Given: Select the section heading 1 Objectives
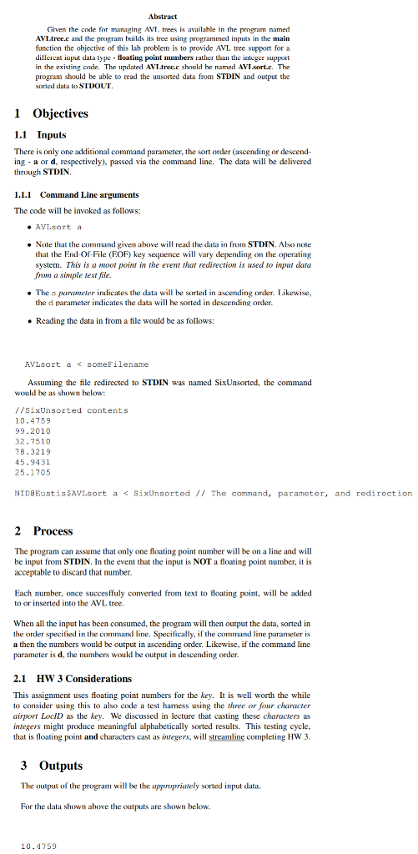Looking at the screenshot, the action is pyautogui.click(x=52, y=113).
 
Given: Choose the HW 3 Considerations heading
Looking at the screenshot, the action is pyautogui.click(x=73, y=678).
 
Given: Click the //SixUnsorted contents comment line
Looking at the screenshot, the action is pyautogui.click(x=72, y=410).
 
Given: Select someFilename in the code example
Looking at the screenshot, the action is pyautogui.click(x=118, y=364).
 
